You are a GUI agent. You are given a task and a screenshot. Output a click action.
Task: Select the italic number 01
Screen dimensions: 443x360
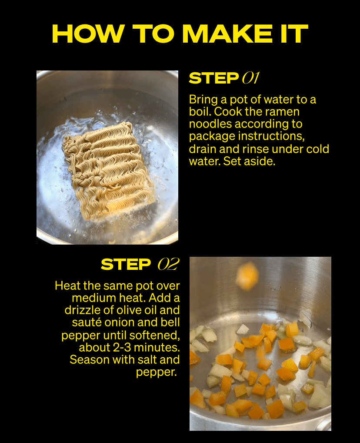click(250, 78)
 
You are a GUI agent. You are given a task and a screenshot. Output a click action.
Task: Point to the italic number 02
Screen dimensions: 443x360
click(168, 264)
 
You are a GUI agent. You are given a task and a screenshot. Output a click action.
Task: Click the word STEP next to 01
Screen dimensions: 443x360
click(213, 78)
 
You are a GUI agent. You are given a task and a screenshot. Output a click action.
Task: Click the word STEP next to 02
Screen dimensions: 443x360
click(126, 264)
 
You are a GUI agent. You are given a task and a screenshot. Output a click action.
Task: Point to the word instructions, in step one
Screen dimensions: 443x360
click(275, 137)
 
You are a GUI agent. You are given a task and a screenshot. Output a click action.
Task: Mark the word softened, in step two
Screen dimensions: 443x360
click(152, 336)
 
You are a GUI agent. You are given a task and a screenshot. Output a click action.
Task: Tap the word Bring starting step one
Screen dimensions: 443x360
click(204, 100)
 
